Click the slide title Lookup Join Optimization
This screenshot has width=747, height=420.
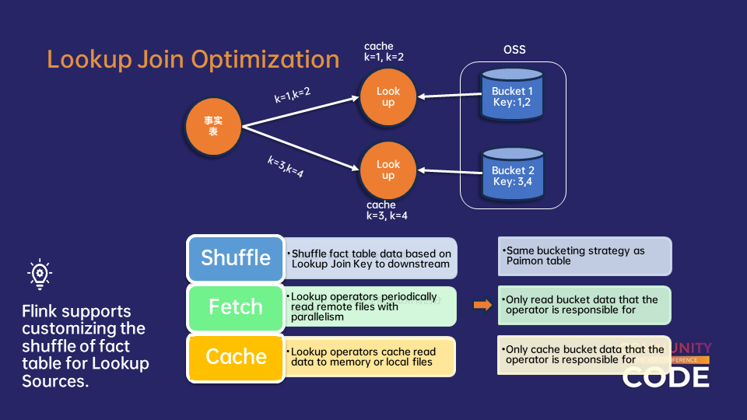[193, 60]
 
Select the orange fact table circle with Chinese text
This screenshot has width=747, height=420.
[213, 126]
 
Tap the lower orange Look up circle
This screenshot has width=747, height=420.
[388, 170]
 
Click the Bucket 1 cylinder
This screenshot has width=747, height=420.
[511, 96]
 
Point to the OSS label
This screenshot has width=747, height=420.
[514, 50]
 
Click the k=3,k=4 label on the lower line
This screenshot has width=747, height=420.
[286, 166]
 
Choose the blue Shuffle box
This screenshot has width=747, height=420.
[236, 258]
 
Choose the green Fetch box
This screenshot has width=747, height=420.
[236, 307]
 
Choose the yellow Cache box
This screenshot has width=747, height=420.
[236, 357]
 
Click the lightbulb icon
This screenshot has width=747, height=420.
[40, 274]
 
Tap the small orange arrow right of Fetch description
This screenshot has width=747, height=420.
[482, 305]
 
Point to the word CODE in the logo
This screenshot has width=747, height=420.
[665, 377]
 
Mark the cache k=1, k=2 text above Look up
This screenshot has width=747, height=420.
[384, 52]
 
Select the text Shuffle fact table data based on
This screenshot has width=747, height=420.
[371, 254]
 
